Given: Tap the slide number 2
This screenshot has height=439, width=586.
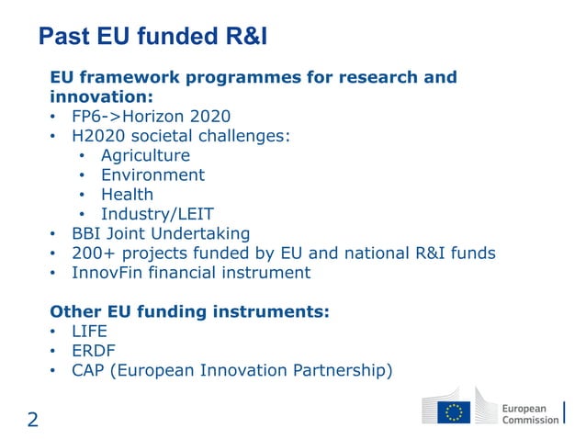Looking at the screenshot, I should [x=32, y=421].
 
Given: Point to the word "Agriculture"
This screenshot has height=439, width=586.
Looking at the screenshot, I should [x=145, y=155].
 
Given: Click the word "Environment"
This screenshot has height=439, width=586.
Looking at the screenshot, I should [x=152, y=174].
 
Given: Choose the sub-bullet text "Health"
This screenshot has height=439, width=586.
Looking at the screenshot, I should [x=127, y=194].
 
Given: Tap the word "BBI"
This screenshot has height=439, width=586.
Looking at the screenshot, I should [x=87, y=233].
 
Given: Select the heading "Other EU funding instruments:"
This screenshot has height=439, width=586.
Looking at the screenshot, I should [x=189, y=311].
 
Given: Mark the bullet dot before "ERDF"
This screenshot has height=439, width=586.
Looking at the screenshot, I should [x=55, y=352].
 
